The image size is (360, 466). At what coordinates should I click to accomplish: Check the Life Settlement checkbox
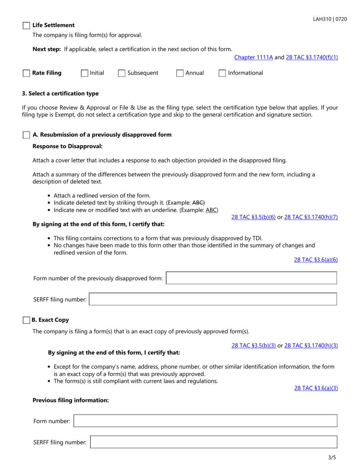click(26, 25)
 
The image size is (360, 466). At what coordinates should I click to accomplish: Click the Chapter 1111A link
click(254, 58)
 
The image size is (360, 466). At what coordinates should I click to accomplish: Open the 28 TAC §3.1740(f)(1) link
click(312, 58)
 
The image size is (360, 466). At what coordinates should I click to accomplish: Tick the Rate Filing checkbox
click(26, 73)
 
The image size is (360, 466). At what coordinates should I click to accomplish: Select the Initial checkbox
click(85, 73)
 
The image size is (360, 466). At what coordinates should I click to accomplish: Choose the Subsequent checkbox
click(122, 73)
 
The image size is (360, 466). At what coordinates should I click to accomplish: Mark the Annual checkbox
click(180, 73)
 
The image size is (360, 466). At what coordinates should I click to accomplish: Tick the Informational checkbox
click(222, 73)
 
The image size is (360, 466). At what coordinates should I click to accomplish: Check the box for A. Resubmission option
click(26, 135)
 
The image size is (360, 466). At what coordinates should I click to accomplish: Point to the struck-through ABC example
click(199, 203)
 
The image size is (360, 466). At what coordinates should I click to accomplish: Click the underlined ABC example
click(211, 210)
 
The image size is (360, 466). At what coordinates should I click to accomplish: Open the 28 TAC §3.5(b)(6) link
click(253, 217)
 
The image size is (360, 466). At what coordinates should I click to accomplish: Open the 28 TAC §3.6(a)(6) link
click(316, 260)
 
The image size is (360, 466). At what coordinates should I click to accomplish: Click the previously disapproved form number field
click(251, 278)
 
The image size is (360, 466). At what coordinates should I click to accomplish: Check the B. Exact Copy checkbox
click(26, 320)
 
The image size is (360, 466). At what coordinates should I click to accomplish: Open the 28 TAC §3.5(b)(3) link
click(253, 346)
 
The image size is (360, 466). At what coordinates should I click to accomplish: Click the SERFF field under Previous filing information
click(213, 442)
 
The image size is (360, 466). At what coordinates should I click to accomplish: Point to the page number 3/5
click(332, 457)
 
